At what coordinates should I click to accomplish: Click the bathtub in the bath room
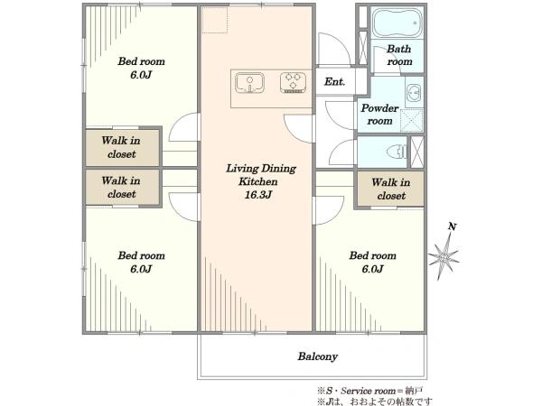pos(397,23)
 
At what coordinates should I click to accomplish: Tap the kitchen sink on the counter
pos(249,82)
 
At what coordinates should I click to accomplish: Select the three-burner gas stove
pos(293,82)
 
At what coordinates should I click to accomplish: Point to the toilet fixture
pos(397,152)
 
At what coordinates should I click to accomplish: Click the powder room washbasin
pos(414,93)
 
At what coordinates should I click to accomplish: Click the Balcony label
pos(318,356)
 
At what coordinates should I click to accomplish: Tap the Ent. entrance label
pos(334,82)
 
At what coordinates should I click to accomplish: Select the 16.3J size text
pos(258,195)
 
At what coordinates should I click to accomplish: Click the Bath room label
pos(399,55)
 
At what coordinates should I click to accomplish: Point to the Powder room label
pos(379,115)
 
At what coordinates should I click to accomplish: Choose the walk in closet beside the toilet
pos(390,189)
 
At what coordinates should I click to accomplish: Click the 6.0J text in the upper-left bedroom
pos(141,75)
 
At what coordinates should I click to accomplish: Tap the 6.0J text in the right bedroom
pos(372,269)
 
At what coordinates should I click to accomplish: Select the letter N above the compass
pos(453,226)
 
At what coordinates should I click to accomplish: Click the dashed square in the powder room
pos(412,121)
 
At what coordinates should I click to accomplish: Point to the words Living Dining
pos(261,169)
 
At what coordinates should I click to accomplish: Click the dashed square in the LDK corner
pos(215,20)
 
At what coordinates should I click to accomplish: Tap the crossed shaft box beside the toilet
pos(416,152)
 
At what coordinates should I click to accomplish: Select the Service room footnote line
pos(370,391)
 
